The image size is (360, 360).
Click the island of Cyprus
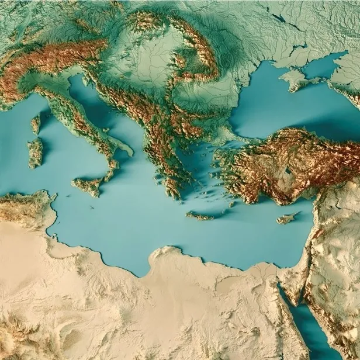[286, 219]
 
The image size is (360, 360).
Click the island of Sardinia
[35, 152]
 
